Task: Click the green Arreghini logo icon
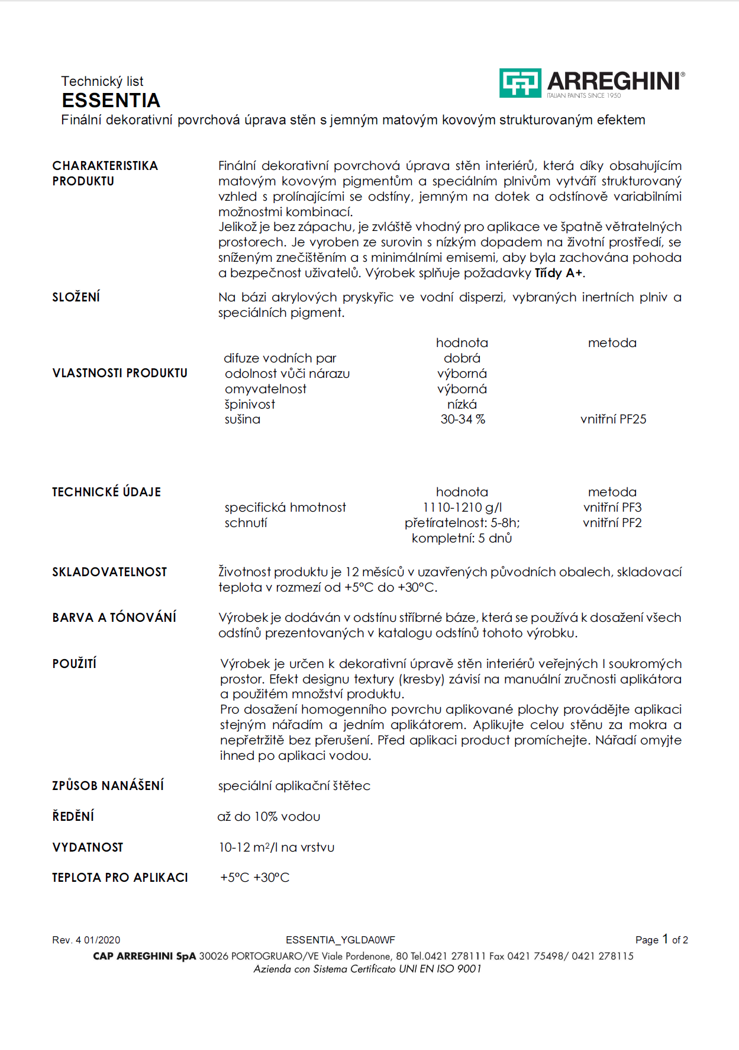[519, 83]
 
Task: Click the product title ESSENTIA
[111, 100]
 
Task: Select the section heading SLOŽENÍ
[76, 297]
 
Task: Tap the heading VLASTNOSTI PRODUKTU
[120, 373]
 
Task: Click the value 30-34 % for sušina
[462, 419]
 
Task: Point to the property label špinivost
[250, 404]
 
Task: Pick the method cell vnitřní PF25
[613, 419]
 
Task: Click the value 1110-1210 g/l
[462, 508]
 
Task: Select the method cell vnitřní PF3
[612, 508]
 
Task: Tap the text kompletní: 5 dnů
[462, 538]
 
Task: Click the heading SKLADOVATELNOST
[109, 572]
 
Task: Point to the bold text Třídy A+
[559, 273]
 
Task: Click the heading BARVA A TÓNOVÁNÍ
[114, 618]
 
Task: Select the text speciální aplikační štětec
[294, 786]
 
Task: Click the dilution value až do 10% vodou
[269, 817]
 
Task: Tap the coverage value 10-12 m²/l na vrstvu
[276, 847]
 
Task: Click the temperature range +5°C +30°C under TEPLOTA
[254, 878]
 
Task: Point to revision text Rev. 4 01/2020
[86, 940]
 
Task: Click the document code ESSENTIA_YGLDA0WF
[340, 940]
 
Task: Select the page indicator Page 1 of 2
[661, 940]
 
